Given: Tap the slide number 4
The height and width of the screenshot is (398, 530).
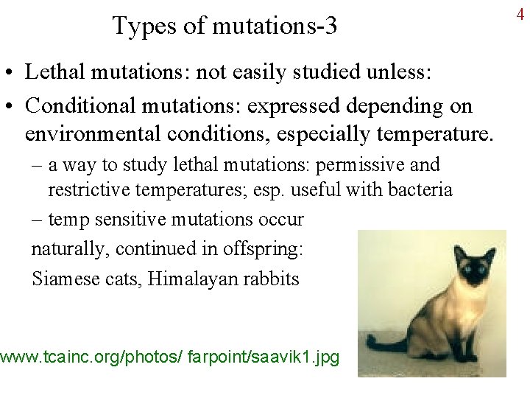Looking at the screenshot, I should pos(520,14).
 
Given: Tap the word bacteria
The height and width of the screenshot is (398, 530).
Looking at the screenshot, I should pos(417,189).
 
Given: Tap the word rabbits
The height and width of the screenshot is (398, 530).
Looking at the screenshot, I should pos(272,279).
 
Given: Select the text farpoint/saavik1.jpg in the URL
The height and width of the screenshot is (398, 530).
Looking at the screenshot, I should pos(264,357).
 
